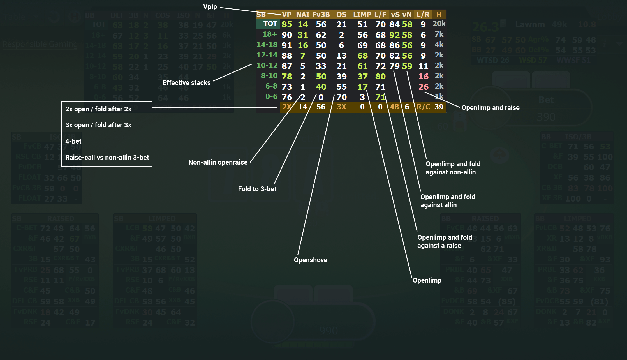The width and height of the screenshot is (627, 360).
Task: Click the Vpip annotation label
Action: (210, 7)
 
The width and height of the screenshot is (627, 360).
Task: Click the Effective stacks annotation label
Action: (186, 83)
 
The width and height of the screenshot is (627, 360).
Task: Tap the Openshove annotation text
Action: (310, 260)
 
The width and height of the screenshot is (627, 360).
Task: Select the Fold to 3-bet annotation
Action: (257, 189)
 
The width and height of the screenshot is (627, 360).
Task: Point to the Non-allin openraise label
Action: (218, 162)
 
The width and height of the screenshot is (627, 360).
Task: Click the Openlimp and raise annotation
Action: (490, 108)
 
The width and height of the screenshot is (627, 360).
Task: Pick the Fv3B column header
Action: (321, 15)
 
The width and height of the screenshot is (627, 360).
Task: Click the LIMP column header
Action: (362, 15)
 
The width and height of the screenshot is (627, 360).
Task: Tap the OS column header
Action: (341, 15)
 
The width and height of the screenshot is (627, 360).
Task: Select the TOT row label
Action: (270, 24)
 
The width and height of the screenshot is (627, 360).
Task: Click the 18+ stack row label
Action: (270, 34)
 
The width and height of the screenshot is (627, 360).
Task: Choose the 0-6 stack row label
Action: (271, 97)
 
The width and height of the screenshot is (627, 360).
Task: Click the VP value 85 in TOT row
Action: (287, 24)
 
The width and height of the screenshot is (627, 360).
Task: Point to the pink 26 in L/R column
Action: (423, 87)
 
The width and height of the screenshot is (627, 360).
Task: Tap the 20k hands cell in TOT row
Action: (439, 24)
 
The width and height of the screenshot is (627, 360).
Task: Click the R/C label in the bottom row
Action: (423, 107)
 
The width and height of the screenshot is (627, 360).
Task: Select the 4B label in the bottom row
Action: (394, 107)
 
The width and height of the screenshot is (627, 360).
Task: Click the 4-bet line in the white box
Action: (73, 141)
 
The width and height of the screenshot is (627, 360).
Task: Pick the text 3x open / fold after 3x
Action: (98, 125)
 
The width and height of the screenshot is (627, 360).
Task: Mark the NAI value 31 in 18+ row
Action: (303, 35)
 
